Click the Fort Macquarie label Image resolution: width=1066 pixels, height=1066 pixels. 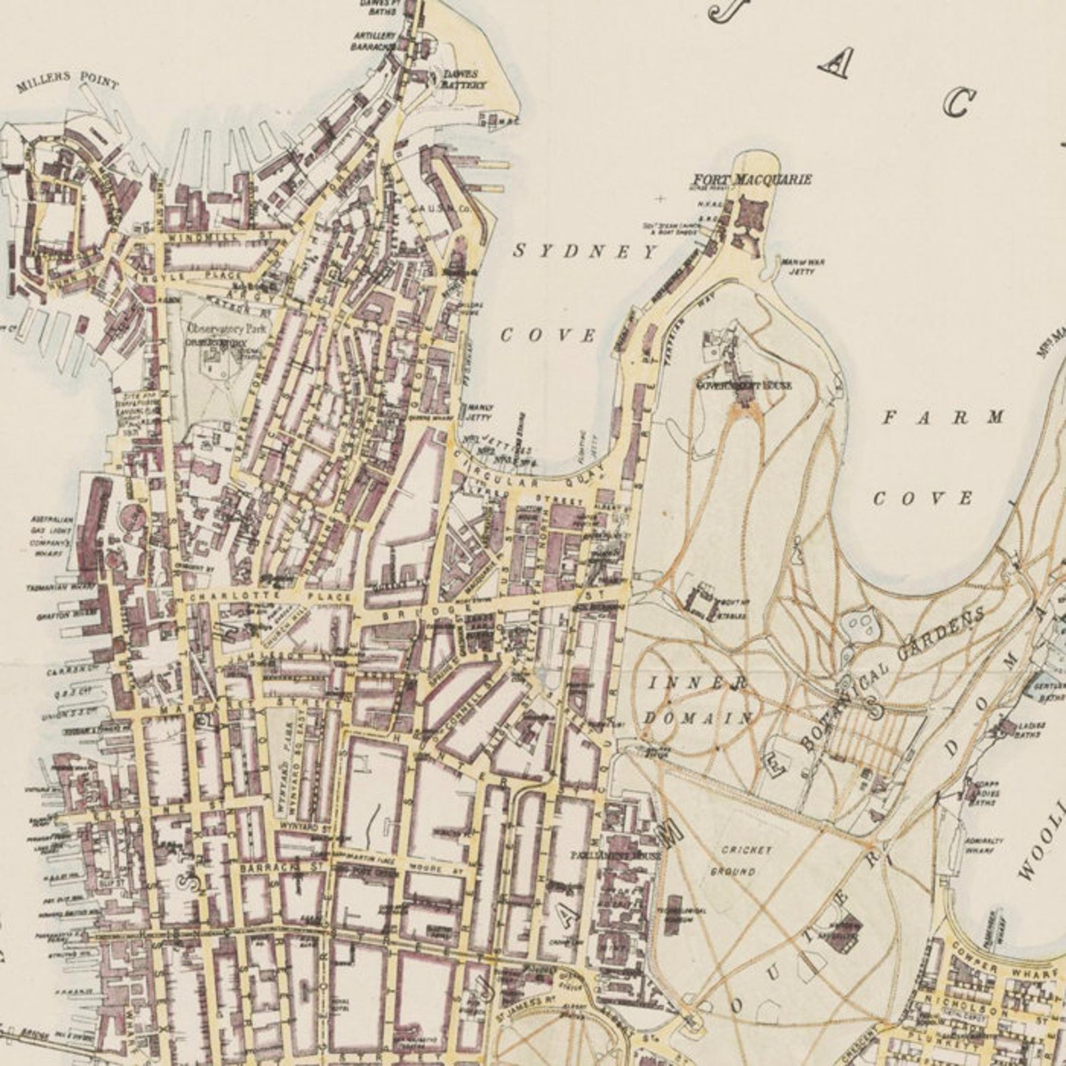(x=752, y=179)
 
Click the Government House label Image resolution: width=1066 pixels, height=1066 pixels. (x=744, y=385)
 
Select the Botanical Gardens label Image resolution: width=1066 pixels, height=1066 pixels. (x=893, y=678)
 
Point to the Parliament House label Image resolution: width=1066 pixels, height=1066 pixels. (x=615, y=856)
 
